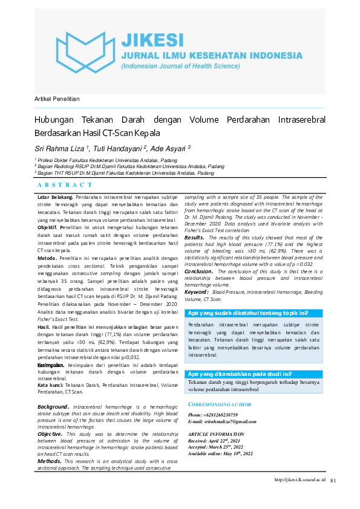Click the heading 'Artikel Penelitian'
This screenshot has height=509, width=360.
57,99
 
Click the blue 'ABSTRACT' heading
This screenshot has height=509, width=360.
65,185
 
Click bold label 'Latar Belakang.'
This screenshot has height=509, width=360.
56,197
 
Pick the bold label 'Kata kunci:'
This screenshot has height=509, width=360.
50,384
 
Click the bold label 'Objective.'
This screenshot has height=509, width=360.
50,434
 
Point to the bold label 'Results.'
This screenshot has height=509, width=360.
194,238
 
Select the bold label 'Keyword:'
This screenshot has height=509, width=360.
197,292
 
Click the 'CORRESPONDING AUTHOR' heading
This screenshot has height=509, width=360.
220,403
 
